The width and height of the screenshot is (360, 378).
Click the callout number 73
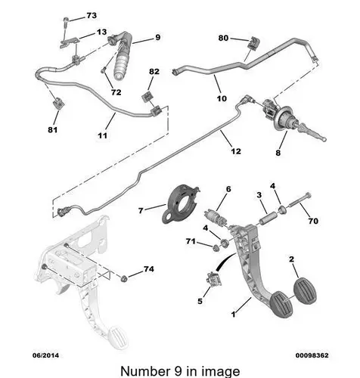pos(92,16)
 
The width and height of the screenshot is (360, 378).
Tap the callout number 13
pos(101,32)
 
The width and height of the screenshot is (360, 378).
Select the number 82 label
pos(154,72)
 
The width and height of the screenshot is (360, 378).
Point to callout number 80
pos(223,38)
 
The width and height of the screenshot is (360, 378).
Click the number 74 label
pos(149,269)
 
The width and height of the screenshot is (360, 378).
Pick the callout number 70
pos(313,221)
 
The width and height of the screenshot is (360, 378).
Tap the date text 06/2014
pos(45,355)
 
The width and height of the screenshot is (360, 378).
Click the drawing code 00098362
pos(312,355)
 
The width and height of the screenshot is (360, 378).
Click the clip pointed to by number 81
pos(58,103)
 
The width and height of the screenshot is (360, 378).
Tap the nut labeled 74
pos(124,279)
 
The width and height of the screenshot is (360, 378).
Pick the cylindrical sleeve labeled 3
pos(268,218)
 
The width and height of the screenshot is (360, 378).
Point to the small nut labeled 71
pos(216,248)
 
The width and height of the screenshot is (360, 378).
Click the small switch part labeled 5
pos(214,279)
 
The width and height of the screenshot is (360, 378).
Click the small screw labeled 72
pos(103,70)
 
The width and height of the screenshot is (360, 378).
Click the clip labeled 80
pos(253,42)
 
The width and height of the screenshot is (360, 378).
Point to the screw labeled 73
pos(65,23)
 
